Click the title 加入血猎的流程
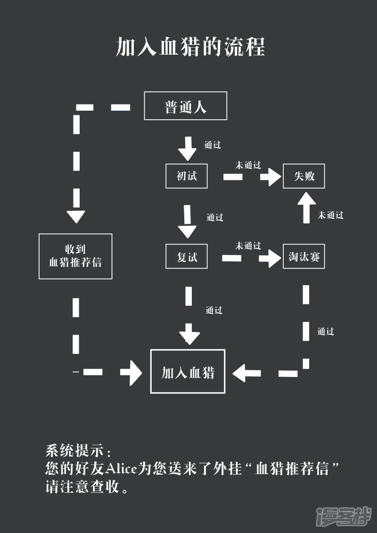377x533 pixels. [x=190, y=47]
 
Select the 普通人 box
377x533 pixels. [x=185, y=106]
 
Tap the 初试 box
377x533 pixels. [x=187, y=176]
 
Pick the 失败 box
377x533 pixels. [x=304, y=176]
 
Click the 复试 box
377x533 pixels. [x=187, y=257]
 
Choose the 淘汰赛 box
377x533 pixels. [x=304, y=257]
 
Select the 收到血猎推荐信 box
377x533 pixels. [x=75, y=256]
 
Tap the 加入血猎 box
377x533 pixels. [x=188, y=371]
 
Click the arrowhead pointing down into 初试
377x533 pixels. [x=187, y=152]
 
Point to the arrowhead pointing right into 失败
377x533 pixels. [x=271, y=177]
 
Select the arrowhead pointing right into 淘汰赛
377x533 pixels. [x=270, y=258]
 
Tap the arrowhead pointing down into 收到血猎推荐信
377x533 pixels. [x=76, y=216]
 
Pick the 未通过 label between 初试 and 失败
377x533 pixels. [x=248, y=165]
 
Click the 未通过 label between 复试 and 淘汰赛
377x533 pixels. [x=248, y=246]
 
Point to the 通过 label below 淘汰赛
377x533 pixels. [x=326, y=331]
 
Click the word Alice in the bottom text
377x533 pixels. [x=121, y=468]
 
